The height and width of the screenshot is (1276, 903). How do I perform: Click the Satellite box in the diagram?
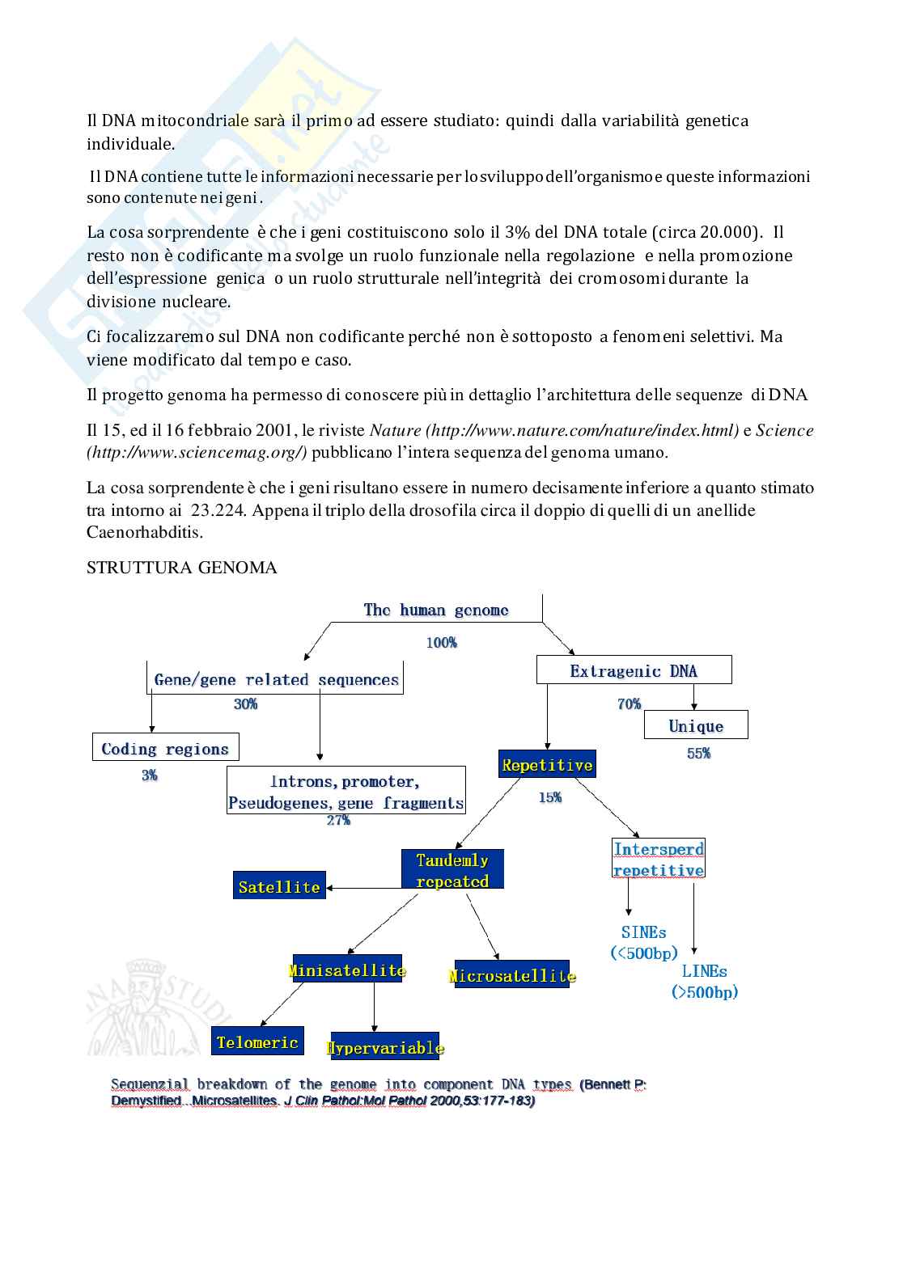(279, 886)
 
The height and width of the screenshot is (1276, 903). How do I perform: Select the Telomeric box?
(257, 1042)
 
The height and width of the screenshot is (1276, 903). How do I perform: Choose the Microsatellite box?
(511, 976)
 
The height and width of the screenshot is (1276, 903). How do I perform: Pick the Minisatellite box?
(347, 970)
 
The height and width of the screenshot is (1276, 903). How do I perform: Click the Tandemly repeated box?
(452, 870)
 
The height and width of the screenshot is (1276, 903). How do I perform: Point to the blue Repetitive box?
(547, 765)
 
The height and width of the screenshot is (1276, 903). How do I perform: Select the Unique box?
(696, 725)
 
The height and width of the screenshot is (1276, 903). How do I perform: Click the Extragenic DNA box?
(634, 670)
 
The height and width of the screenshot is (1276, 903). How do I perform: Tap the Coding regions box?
(165, 749)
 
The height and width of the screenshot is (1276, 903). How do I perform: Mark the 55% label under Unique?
(698, 753)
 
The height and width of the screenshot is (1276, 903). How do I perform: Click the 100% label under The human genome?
(442, 643)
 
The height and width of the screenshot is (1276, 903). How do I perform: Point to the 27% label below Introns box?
(338, 821)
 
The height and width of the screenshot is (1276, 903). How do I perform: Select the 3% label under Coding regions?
(150, 775)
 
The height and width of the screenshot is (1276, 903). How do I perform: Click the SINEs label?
(644, 932)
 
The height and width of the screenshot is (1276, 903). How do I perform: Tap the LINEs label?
(704, 971)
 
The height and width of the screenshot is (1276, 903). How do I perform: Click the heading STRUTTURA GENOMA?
(181, 568)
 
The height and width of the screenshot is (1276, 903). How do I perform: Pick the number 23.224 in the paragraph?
(217, 510)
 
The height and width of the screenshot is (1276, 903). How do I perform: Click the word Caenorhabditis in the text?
(145, 532)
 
